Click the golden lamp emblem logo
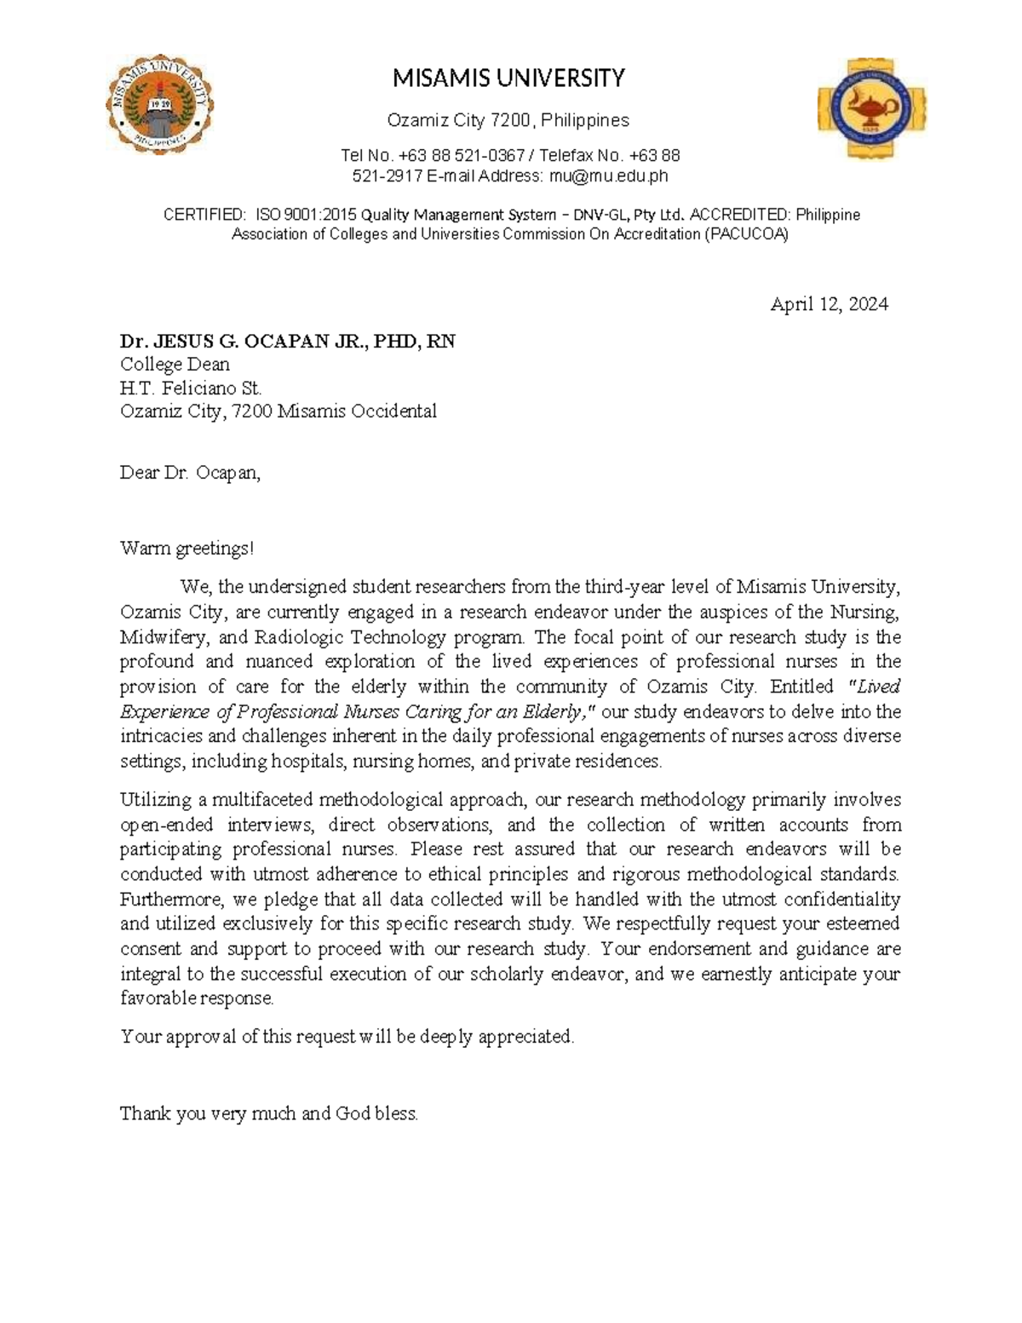tap(871, 109)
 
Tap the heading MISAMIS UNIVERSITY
tap(508, 79)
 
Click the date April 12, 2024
tap(829, 305)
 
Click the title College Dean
tap(175, 365)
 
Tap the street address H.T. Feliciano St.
tap(191, 388)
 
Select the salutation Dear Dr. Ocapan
tap(190, 473)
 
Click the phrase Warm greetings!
tap(187, 549)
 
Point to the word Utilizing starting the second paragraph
tap(156, 800)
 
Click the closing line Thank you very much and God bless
tap(269, 1113)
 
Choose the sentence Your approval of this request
tap(347, 1037)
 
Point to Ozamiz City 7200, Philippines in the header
tap(508, 120)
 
